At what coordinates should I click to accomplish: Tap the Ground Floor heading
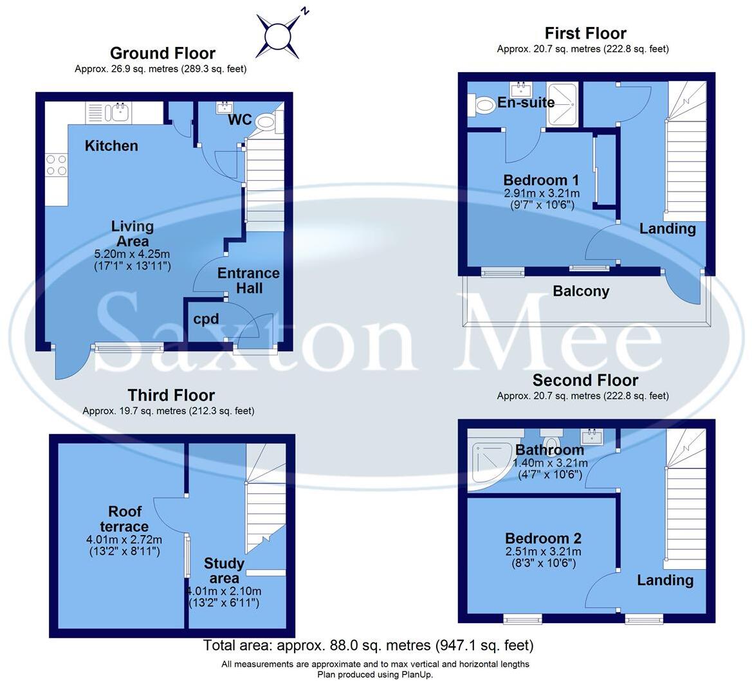[x=162, y=53]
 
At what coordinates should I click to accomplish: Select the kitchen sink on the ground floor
[x=118, y=113]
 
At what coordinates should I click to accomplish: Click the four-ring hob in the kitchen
[x=57, y=165]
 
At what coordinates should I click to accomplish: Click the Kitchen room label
[x=111, y=146]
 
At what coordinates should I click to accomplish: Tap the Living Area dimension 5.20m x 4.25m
[x=132, y=254]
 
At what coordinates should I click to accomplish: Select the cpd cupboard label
[x=206, y=319]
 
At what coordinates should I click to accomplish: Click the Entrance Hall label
[x=248, y=280]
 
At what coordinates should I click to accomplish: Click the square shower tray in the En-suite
[x=562, y=103]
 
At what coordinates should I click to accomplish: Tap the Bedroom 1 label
[x=541, y=180]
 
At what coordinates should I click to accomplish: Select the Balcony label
[x=581, y=291]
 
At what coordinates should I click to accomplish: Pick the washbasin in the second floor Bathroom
[x=591, y=438]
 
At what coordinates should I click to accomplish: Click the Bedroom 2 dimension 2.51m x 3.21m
[x=543, y=552]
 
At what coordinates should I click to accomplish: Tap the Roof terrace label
[x=125, y=519]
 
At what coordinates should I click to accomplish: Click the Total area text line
[x=368, y=645]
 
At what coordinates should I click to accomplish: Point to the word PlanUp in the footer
[x=417, y=675]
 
